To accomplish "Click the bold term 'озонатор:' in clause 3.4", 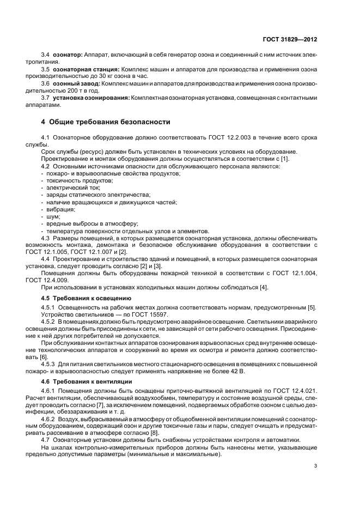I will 67,55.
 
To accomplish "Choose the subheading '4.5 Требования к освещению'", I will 86,298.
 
